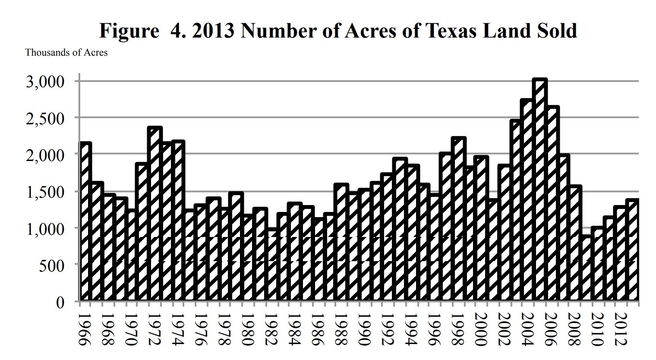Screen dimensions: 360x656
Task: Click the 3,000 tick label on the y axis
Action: (x=45, y=82)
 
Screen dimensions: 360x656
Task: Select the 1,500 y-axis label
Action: (x=45, y=192)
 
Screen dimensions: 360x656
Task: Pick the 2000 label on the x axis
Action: (x=480, y=329)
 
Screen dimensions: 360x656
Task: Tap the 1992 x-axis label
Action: (x=387, y=329)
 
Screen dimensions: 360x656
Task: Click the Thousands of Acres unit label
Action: (x=66, y=53)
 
